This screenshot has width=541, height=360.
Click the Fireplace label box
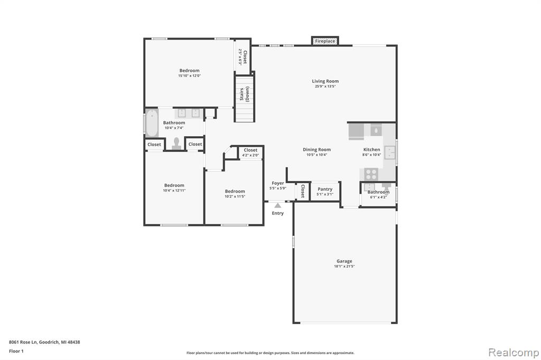tap(325, 41)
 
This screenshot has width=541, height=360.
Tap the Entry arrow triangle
tap(278, 205)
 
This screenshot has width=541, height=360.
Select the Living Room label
tap(325, 81)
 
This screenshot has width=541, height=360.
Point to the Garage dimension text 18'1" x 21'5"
tap(344, 266)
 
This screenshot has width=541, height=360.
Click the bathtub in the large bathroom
tap(152, 123)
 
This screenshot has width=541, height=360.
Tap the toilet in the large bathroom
tap(176, 144)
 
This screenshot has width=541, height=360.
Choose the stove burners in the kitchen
tap(371, 174)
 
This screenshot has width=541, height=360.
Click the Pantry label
tap(325, 189)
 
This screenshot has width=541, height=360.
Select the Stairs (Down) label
tap(244, 94)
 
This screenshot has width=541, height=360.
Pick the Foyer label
tap(278, 183)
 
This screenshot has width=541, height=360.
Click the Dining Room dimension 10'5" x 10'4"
tap(317, 155)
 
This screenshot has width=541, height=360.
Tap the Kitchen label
tap(371, 150)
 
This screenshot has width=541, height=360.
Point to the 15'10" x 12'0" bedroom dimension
tap(190, 75)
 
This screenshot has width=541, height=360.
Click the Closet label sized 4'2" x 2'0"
tap(250, 150)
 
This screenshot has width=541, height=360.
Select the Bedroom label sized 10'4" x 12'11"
tap(174, 185)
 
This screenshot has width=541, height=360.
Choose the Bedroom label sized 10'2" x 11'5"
tap(235, 191)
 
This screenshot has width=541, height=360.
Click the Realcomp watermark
tap(514, 353)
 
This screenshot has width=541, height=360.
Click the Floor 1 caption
tap(16, 351)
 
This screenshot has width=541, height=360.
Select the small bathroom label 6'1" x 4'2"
tap(378, 192)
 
